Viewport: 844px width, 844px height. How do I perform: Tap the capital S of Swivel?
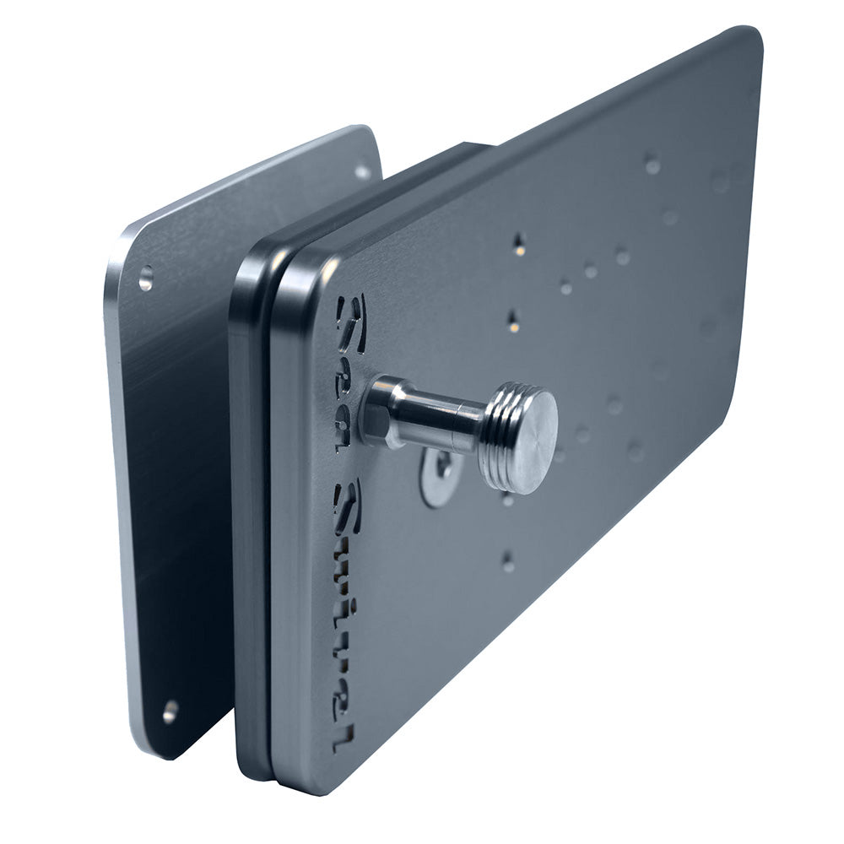point(347,505)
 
